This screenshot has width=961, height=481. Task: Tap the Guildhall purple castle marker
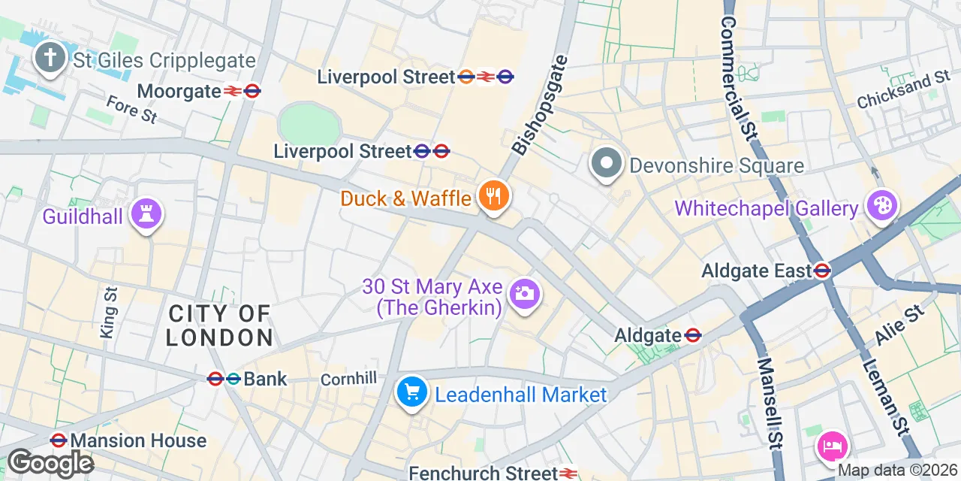click(146, 215)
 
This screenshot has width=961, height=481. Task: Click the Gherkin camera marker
click(524, 294)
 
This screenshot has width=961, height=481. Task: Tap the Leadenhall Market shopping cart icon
click(411, 392)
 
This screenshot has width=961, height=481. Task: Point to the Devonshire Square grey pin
click(607, 164)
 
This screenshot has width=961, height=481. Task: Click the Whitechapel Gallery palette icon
click(881, 207)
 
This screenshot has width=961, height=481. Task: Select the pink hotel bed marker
click(833, 446)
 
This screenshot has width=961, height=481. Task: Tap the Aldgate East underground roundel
click(821, 271)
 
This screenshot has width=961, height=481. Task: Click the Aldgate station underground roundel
click(693, 335)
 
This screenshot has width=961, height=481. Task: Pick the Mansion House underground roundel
click(59, 440)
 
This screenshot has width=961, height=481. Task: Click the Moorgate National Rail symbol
click(232, 92)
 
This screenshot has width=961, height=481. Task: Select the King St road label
click(109, 312)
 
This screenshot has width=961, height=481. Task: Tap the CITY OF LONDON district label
click(219, 325)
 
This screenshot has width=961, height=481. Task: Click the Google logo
click(50, 462)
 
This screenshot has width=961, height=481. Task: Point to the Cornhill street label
click(348, 380)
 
